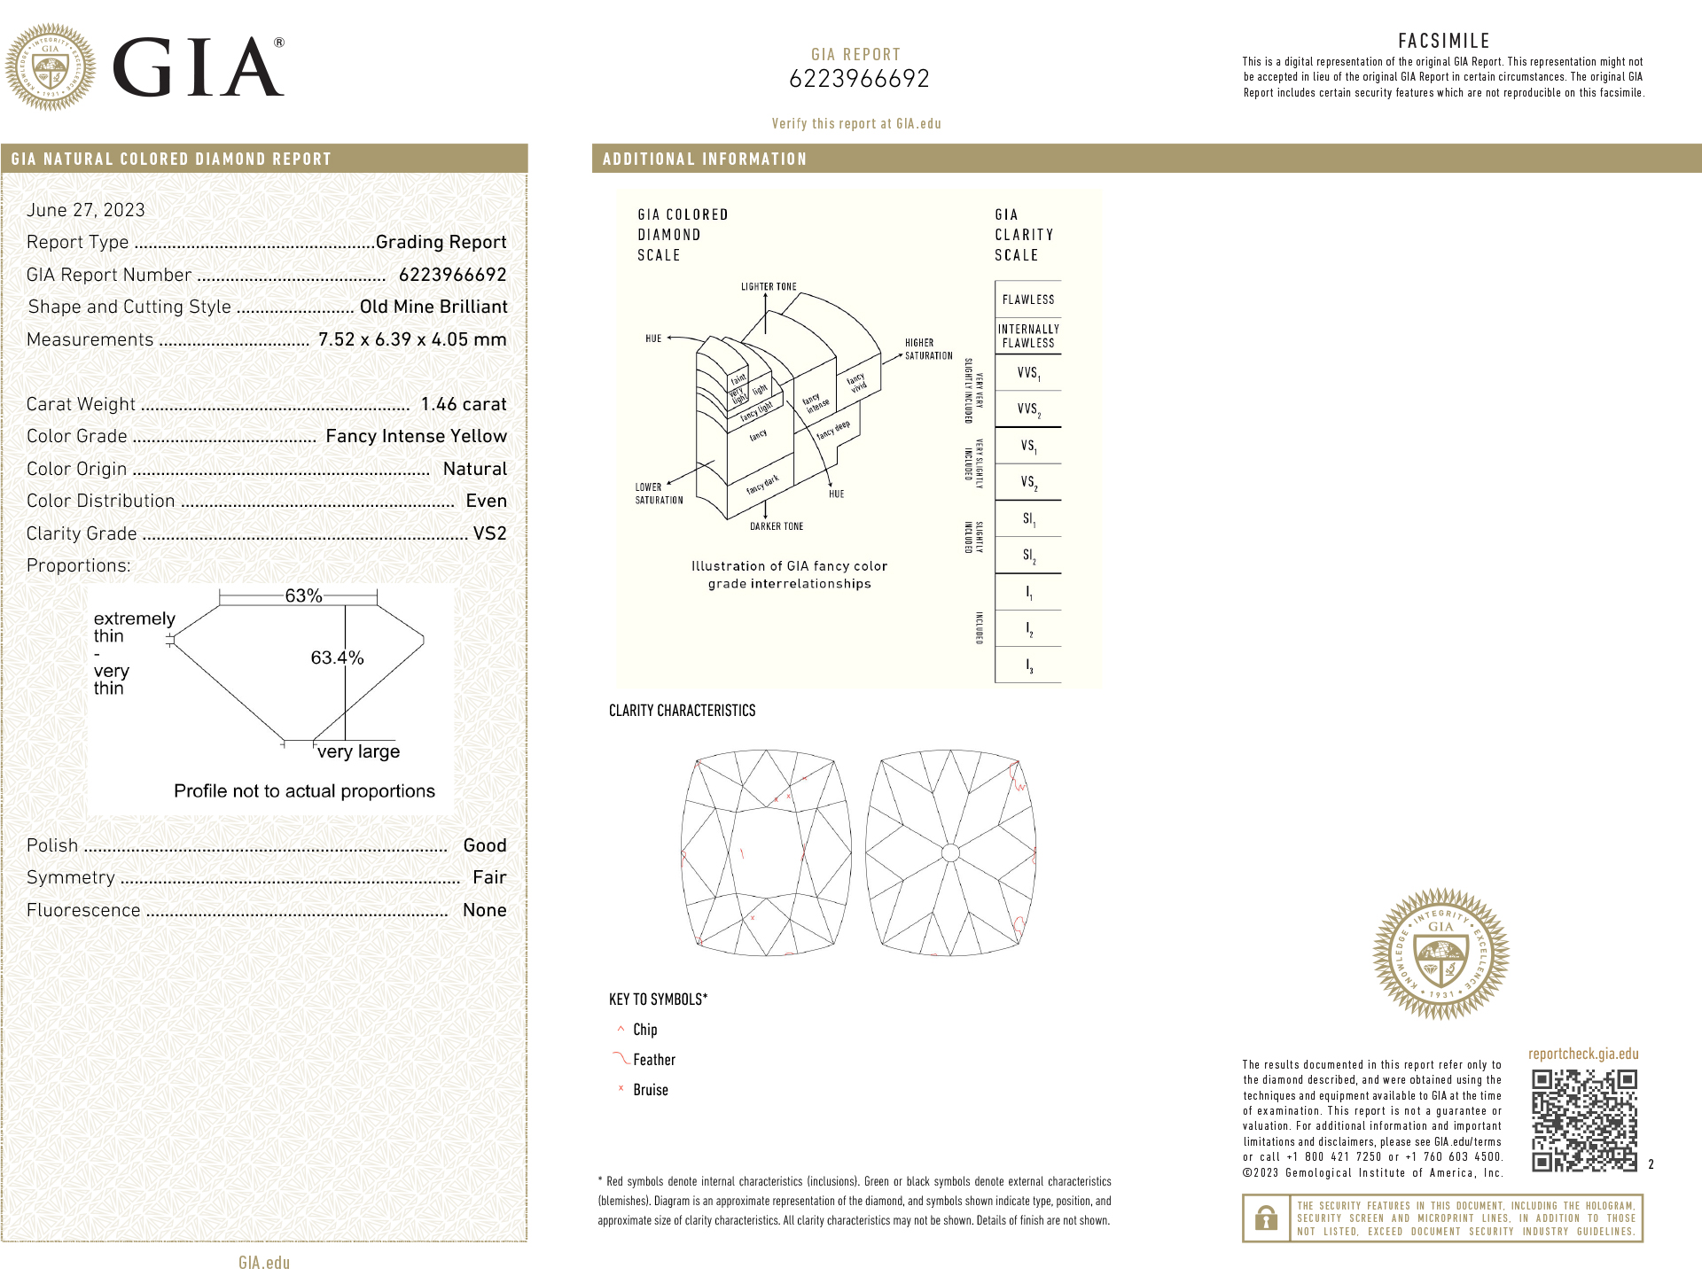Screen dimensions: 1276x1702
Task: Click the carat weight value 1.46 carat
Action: coord(463,404)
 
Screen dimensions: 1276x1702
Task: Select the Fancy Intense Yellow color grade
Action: coord(416,436)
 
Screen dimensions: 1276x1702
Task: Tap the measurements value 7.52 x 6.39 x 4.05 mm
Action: coord(412,339)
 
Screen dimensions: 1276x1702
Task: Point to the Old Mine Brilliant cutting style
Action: coord(433,307)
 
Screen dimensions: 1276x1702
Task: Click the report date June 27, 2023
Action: coord(86,210)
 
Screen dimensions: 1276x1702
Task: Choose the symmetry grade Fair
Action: coord(489,877)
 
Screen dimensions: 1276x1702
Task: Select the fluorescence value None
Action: coord(484,910)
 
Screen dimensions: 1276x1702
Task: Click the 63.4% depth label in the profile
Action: coord(337,657)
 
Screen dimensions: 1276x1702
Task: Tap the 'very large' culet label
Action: coord(358,751)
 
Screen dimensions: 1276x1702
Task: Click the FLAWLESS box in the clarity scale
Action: coord(1028,300)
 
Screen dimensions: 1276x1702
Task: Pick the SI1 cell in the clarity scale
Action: coord(1028,519)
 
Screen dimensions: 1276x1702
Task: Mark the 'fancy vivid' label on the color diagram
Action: coord(856,383)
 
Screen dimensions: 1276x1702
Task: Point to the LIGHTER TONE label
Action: coord(769,287)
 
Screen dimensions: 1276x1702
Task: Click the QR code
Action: coord(1584,1120)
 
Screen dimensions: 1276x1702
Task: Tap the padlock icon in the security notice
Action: coord(1266,1218)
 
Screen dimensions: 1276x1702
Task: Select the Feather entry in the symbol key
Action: coord(653,1060)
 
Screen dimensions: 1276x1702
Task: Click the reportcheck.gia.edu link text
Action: coord(1583,1054)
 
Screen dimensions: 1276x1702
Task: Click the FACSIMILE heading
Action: coord(1444,41)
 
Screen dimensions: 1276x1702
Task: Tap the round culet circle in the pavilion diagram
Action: coord(950,853)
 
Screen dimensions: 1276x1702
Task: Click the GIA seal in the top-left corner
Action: coord(51,67)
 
